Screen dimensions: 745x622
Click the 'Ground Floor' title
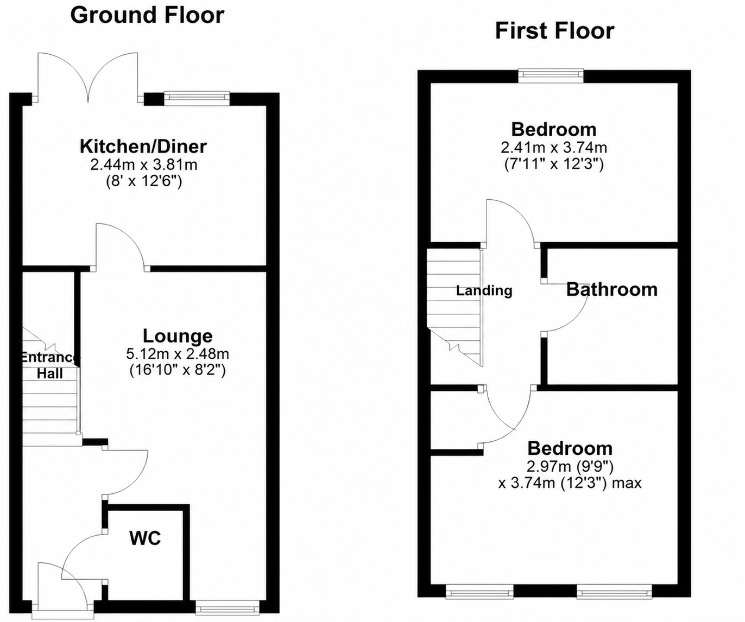click(x=147, y=16)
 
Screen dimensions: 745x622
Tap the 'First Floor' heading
click(x=554, y=31)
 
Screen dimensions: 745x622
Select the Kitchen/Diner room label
click(x=143, y=147)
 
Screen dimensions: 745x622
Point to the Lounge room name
click(x=178, y=336)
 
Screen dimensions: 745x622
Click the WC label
click(x=145, y=538)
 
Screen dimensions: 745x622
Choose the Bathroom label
click(x=612, y=289)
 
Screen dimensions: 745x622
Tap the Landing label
click(x=484, y=291)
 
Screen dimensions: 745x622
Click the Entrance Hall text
click(x=50, y=365)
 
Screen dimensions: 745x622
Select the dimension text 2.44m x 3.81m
click(x=144, y=165)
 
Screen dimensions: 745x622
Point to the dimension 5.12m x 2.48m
click(x=178, y=354)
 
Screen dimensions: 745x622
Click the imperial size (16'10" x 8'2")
click(x=178, y=371)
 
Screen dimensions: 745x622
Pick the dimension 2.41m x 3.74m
click(x=554, y=147)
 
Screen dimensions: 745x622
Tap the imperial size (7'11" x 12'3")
click(x=554, y=164)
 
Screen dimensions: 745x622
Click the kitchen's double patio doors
click(x=88, y=78)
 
